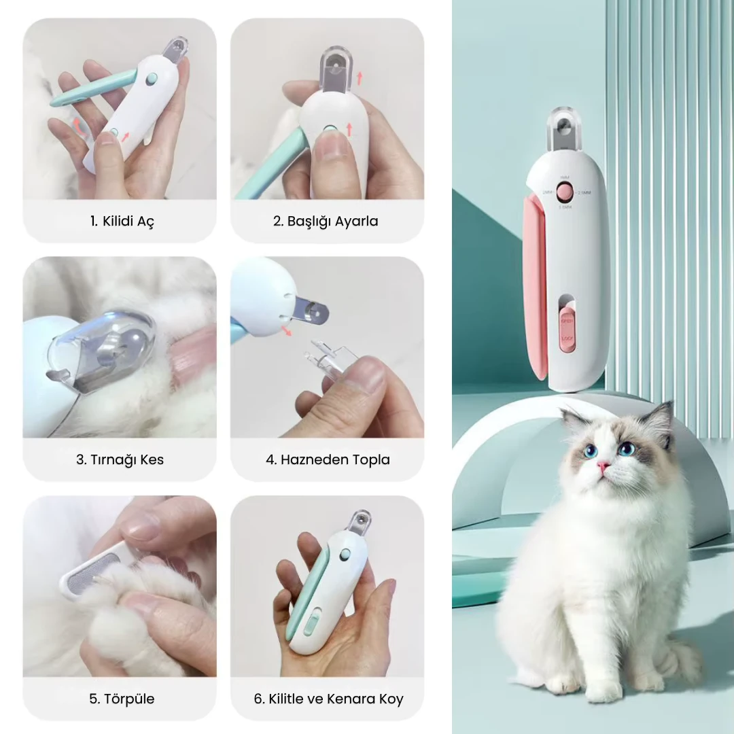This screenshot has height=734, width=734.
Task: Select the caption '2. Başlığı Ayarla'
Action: coord(326,221)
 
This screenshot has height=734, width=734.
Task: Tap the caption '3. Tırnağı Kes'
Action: coord(120,459)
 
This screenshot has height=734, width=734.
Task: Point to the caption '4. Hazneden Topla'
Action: coord(328,459)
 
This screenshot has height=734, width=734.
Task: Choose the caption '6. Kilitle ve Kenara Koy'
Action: coord(328,698)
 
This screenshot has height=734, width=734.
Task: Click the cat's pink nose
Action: coord(602,467)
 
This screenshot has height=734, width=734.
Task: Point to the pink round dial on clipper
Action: coord(564,192)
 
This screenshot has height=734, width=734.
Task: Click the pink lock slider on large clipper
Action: coord(566,329)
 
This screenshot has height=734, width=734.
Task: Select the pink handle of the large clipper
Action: coord(535,285)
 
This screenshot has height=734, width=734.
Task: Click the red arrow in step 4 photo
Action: coord(289,331)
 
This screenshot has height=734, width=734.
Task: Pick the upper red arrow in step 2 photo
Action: coord(360,77)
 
